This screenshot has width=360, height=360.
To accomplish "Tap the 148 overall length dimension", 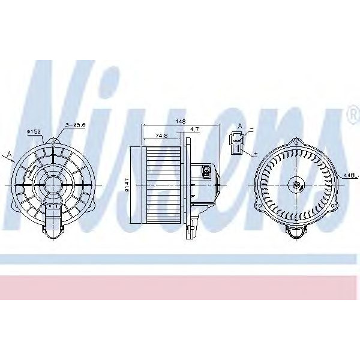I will pyautogui.click(x=179, y=120).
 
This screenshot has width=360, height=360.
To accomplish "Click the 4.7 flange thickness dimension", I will pyautogui.click(x=194, y=129).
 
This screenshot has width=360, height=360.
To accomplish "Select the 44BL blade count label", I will pyautogui.click(x=350, y=175).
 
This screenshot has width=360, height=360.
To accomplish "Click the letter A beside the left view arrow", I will pyautogui.click(x=10, y=154).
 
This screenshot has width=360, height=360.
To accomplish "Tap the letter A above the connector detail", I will pyautogui.click(x=240, y=126).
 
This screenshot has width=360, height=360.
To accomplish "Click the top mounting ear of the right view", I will pyautogui.click(x=296, y=142).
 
